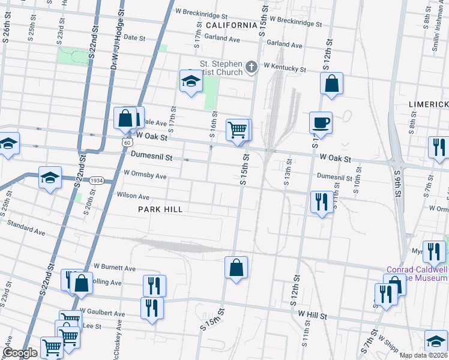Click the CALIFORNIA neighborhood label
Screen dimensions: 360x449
(231, 25)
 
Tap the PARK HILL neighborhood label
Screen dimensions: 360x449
(160, 209)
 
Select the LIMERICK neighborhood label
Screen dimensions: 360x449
(428, 104)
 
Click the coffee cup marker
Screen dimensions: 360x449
(320, 122)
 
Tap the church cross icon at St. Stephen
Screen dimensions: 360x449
(251, 67)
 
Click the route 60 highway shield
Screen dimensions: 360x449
(125, 142)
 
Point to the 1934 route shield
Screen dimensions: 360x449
(97, 181)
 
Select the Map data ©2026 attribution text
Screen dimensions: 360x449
(423, 355)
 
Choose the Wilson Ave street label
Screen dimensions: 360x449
(133, 196)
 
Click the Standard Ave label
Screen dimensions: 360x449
(26, 227)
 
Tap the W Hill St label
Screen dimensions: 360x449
(310, 315)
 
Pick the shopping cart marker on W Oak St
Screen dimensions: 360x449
(238, 130)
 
